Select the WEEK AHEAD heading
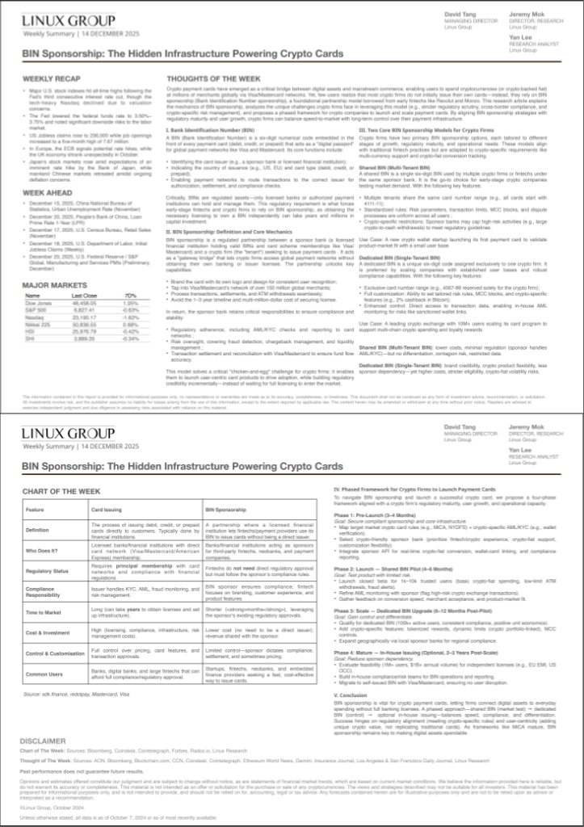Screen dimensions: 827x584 click(x=48, y=193)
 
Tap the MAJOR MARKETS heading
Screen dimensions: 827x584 click(x=54, y=285)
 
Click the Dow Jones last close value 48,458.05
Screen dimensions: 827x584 click(x=74, y=302)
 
